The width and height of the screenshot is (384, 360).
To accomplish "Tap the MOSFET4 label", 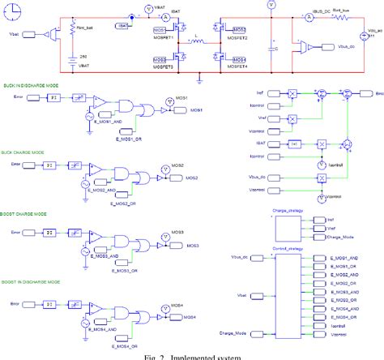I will coord(238,66).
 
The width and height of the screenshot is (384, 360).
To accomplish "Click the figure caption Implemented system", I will coord(191,354).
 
